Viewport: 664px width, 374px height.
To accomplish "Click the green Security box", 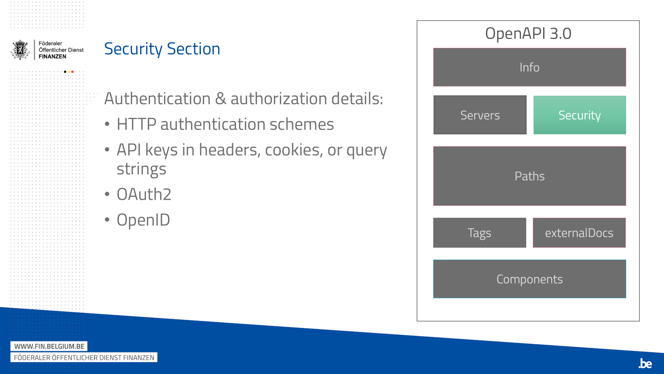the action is coord(580,115).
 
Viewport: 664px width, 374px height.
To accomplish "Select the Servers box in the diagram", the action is coord(480,115).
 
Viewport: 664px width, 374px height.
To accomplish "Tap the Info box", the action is coord(530,67).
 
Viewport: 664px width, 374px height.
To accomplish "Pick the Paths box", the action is coord(530,176).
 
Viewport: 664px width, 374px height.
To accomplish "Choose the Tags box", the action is coord(480,233).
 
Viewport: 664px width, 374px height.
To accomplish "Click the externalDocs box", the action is coord(579,233).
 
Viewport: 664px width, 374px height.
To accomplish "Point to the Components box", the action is coord(530,279).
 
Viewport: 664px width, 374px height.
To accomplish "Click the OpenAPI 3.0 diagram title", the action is coord(528,34).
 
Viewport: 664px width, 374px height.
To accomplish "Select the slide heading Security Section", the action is coord(162,49).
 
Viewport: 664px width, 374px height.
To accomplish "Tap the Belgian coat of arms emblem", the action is coord(20,50).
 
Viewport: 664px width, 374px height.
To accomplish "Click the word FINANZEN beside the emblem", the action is coord(52,57).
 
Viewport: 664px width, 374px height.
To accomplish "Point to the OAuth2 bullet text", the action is coord(144,194).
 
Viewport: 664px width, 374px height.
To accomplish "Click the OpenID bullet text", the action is coord(143,220).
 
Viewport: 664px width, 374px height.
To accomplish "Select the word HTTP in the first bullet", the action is coord(136,124).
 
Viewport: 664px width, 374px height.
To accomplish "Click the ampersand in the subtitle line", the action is coord(220,99).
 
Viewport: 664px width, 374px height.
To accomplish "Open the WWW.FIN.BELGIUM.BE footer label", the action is coord(49,346).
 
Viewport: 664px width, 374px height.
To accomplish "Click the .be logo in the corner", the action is coord(645,363).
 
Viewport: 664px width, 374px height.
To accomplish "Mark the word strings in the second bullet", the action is coord(141,169).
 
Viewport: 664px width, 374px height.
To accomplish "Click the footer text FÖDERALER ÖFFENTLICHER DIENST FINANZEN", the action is coord(84,358).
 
